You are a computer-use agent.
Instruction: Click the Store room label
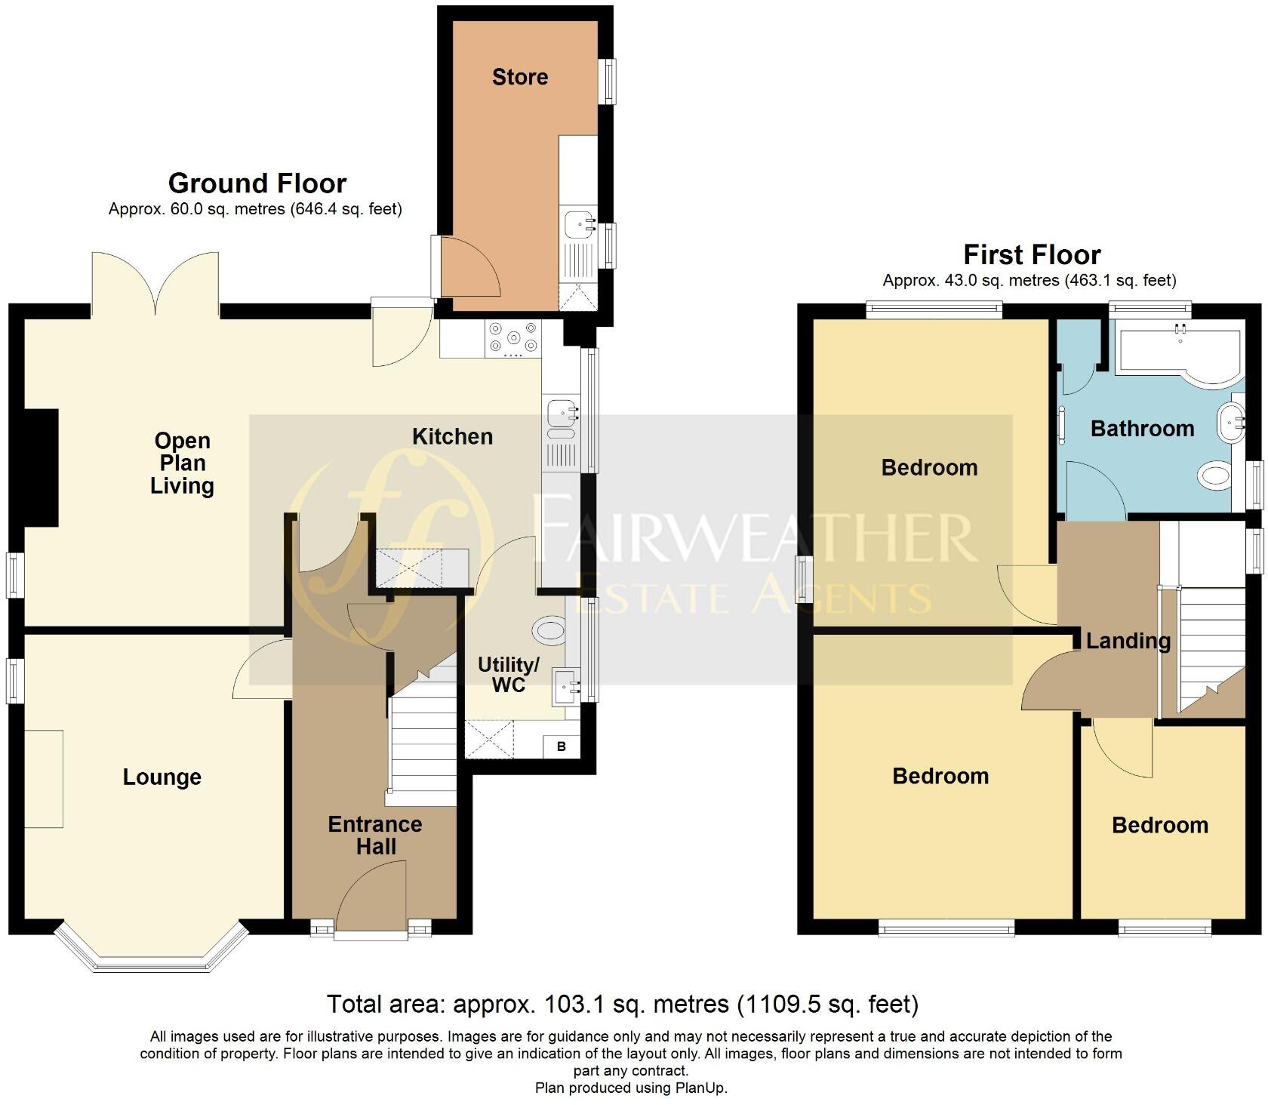tap(519, 77)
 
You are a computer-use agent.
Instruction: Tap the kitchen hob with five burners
tap(513, 338)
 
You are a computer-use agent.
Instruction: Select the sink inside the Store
tap(579, 223)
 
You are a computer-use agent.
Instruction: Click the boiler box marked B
tap(561, 746)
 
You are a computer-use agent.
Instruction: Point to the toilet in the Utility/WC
tap(549, 629)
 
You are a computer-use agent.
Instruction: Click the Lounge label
tap(162, 777)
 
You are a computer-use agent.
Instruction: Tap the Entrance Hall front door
tap(371, 898)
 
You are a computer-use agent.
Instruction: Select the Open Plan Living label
tap(182, 463)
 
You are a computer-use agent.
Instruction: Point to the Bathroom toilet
tap(1214, 476)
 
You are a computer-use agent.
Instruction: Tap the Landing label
tap(1128, 641)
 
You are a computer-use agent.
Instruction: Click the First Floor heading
tap(1031, 254)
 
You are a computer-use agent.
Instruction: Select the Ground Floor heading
tap(257, 183)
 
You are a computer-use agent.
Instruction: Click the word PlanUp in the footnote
tap(699, 1088)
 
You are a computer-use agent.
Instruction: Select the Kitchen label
tap(452, 436)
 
